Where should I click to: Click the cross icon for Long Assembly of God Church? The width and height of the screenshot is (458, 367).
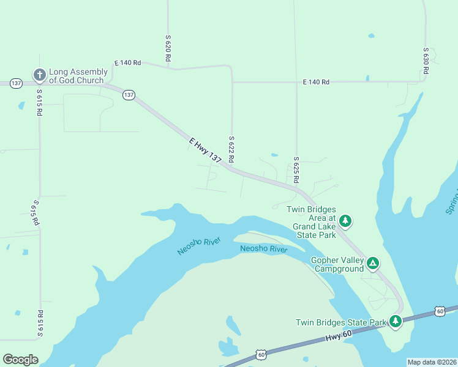coord(39,75)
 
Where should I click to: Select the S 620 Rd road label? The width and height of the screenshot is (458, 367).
coord(167,48)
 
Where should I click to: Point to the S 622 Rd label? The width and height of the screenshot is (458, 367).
coord(231,149)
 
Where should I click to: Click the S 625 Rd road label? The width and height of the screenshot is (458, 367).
coord(296,170)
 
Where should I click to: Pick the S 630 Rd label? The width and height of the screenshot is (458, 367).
coord(425,61)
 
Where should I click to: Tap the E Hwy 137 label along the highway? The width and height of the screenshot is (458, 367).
coord(205,150)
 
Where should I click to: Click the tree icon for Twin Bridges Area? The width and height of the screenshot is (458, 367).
coord(345,220)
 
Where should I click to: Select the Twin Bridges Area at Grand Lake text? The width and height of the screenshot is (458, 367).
coord(311,221)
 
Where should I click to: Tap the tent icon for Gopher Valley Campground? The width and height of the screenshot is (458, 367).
coord(372,263)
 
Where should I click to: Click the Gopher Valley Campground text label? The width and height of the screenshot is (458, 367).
coord(337,264)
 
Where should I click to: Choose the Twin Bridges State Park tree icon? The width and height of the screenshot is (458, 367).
coord(396,321)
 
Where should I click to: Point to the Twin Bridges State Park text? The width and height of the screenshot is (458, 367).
coord(341,322)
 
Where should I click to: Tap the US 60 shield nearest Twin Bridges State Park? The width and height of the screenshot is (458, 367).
coord(440,311)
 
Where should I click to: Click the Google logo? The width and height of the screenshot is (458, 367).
coord(20,360)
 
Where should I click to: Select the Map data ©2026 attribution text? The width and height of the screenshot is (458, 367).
coord(431,362)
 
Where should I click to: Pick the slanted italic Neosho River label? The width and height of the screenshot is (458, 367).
coord(198,243)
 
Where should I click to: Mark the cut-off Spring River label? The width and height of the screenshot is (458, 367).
coord(451,201)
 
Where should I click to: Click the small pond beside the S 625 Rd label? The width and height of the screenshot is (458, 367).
coord(274,155)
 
